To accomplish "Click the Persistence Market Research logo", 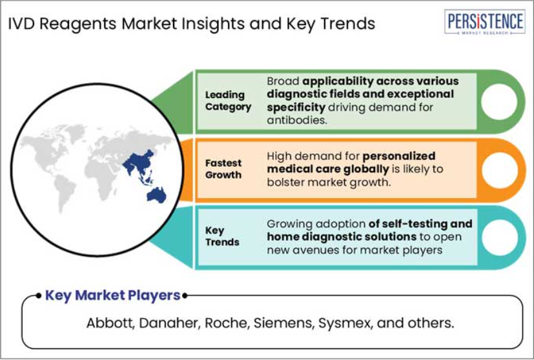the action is click(485, 22).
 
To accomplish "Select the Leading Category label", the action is click(228, 101).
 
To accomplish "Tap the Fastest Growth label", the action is click(223, 169).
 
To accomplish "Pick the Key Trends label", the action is click(222, 236).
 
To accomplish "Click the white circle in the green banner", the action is click(499, 102).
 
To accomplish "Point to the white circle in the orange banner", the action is click(500, 170).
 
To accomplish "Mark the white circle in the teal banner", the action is click(500, 237).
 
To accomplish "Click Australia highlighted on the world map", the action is click(156, 195).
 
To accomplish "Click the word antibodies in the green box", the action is click(297, 120).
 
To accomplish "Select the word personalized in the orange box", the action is click(399, 156).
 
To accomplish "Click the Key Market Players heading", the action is click(113, 295).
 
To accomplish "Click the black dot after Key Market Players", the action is click(185, 295).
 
